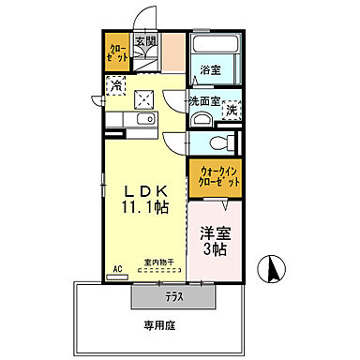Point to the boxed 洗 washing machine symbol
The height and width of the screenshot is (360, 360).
coord(230,111)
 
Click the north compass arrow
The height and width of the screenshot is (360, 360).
coord(273,271)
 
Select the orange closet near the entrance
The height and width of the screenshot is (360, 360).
coord(117,52)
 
